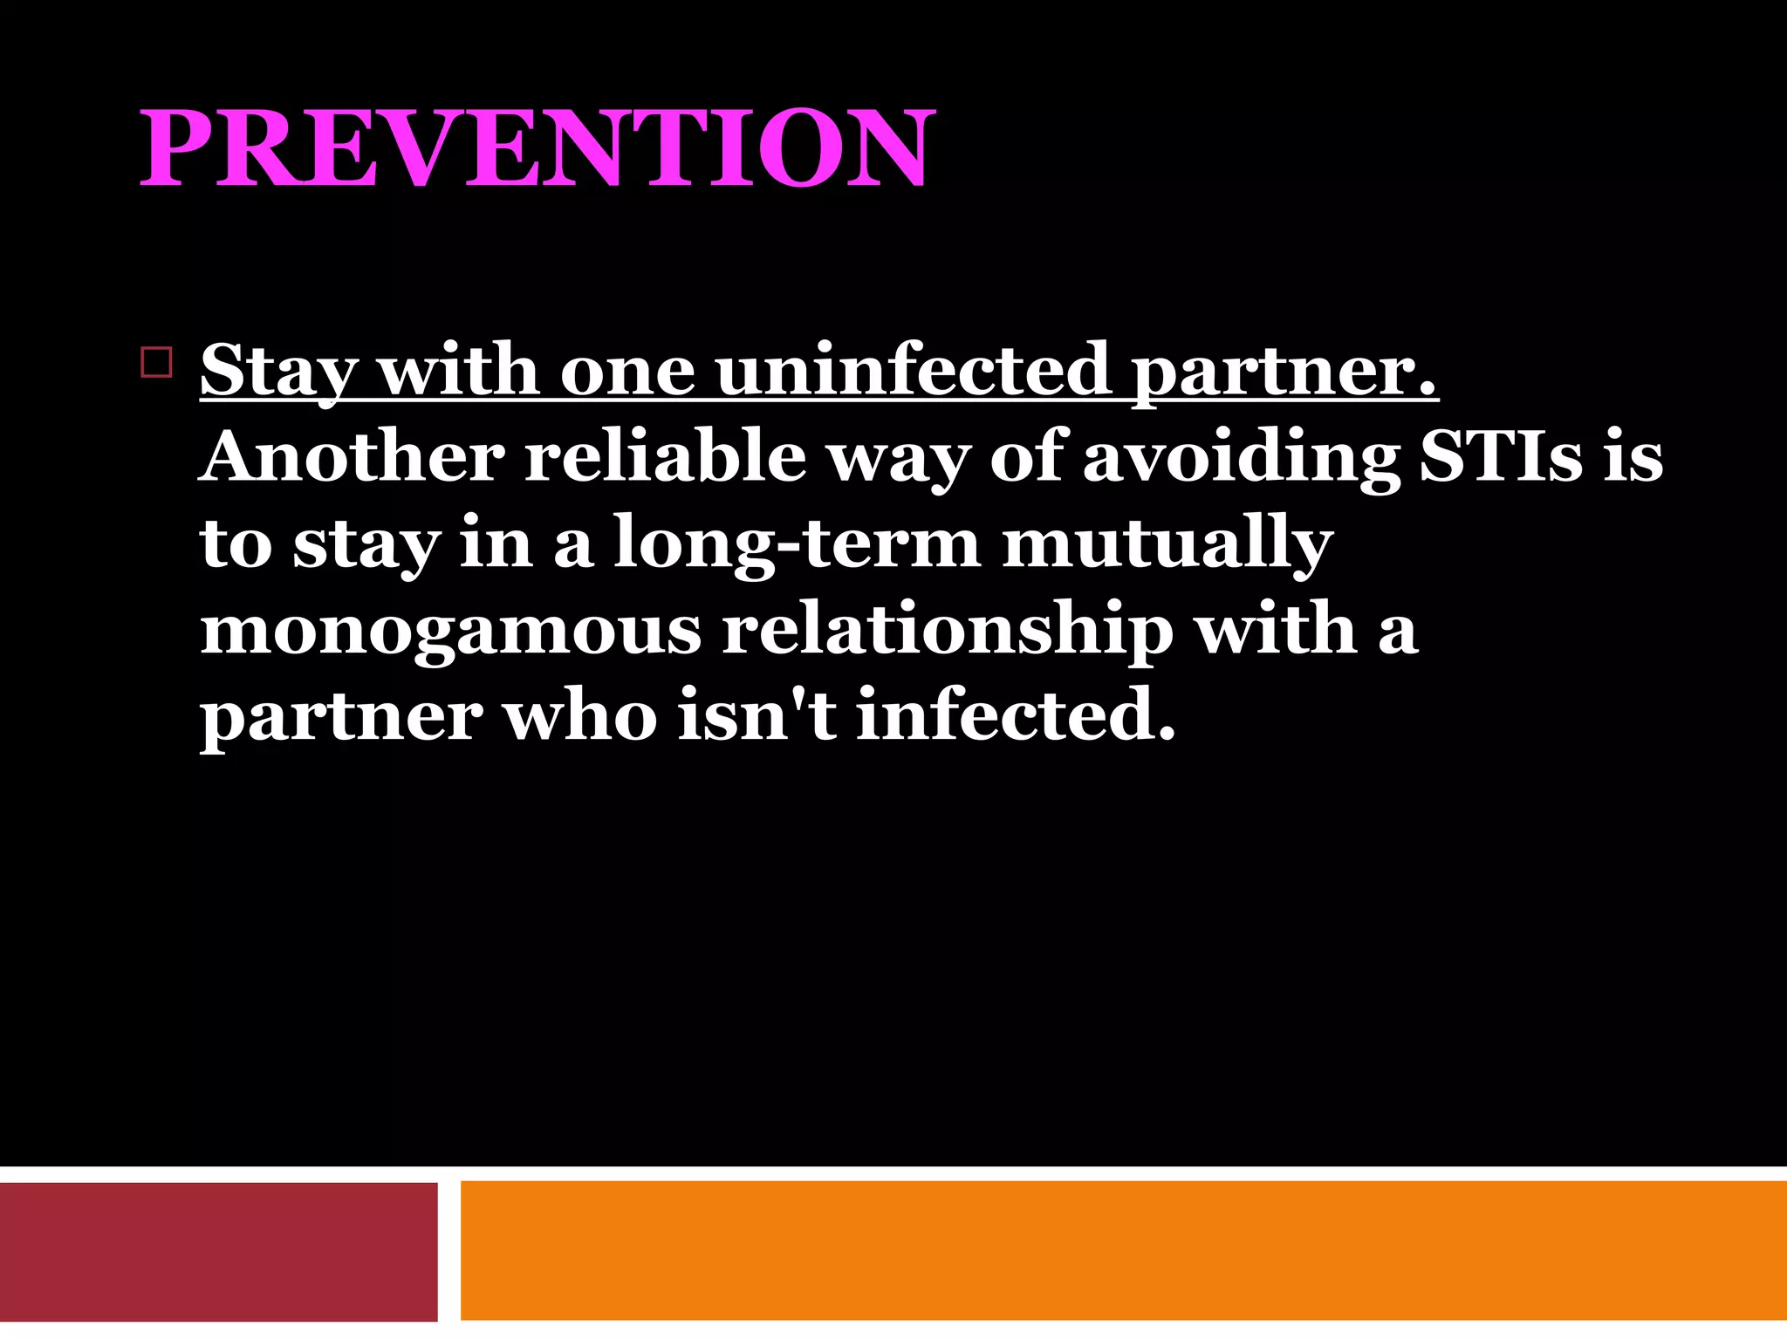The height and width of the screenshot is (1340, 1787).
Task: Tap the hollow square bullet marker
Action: click(156, 361)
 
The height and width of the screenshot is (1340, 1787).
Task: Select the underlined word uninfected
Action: click(913, 370)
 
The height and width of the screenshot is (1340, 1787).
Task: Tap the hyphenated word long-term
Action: click(797, 543)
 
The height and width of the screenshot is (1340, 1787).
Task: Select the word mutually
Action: click(1167, 543)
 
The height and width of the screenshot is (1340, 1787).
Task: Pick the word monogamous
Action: click(450, 630)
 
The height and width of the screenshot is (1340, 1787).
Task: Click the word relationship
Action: click(947, 630)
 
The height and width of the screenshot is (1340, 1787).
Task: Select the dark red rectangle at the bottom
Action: click(218, 1252)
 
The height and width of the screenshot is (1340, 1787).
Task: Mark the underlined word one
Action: click(626, 370)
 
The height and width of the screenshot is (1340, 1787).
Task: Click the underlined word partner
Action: click(1283, 370)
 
